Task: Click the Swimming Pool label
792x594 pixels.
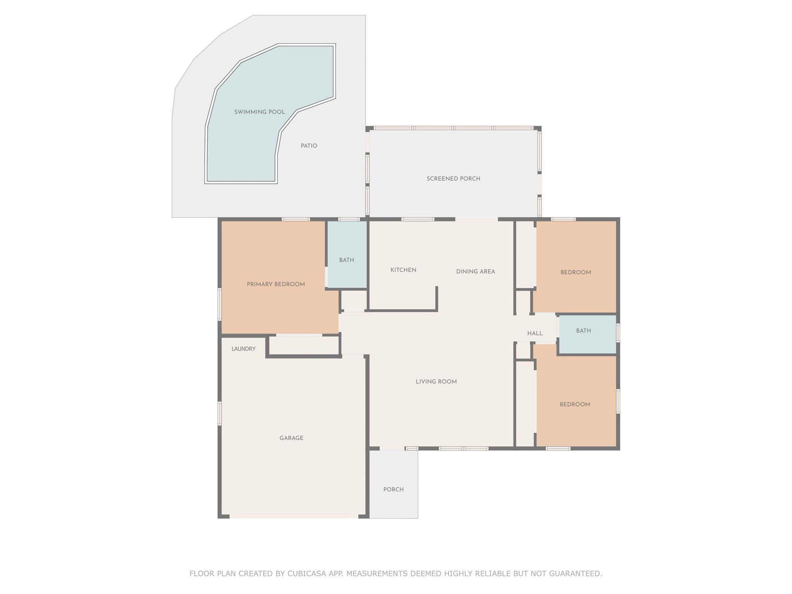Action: [259, 112]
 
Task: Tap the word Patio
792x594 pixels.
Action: [309, 146]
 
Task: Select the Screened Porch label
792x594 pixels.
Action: [453, 179]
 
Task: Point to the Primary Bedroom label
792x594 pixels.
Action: [276, 284]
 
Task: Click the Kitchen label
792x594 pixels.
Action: [403, 270]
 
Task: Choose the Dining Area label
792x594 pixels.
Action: [476, 271]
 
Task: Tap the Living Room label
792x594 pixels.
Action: [436, 382]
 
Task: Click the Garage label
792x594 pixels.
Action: [291, 438]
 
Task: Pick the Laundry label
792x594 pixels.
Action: [244, 349]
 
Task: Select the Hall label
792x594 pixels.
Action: [535, 333]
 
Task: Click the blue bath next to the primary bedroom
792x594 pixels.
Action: [347, 254]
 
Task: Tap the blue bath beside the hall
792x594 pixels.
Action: [587, 335]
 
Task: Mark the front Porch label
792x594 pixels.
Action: [393, 490]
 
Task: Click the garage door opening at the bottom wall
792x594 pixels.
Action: [294, 516]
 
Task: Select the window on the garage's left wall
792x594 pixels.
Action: [220, 413]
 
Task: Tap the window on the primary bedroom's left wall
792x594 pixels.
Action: [220, 304]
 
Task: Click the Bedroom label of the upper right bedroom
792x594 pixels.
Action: [576, 272]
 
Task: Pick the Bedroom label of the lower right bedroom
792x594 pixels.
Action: [575, 405]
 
